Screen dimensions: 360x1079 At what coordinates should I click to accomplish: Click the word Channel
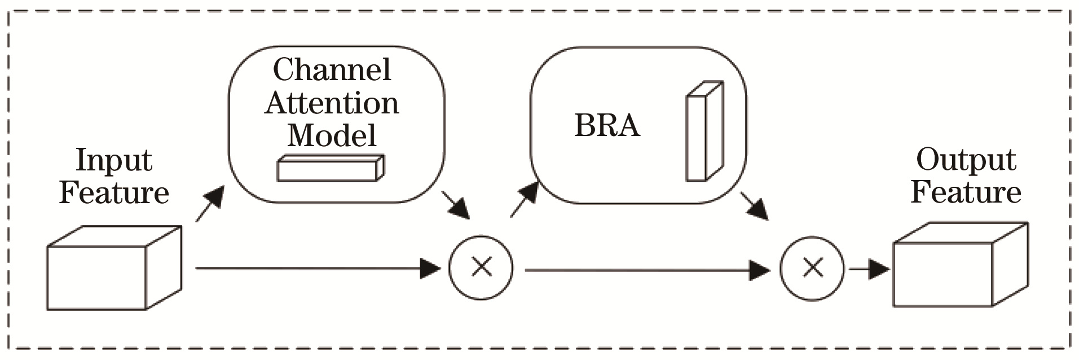click(x=332, y=70)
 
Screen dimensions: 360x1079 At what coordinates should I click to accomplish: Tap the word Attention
click(x=332, y=103)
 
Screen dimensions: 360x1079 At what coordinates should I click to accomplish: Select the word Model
click(x=332, y=135)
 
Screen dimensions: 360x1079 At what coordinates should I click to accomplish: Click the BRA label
click(x=607, y=125)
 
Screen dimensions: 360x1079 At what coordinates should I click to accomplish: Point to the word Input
click(x=114, y=161)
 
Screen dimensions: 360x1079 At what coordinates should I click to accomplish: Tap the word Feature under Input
click(x=114, y=192)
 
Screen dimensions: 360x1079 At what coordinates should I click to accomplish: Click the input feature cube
click(x=113, y=268)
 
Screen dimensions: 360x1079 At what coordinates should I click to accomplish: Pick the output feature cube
click(x=959, y=265)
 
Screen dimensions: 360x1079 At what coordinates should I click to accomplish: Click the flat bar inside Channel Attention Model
click(x=330, y=168)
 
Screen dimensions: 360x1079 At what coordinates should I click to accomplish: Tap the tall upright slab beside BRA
click(x=703, y=131)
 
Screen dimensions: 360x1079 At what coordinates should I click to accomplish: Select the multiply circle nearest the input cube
click(x=481, y=267)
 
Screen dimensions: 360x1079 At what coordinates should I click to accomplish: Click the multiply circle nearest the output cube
click(x=812, y=268)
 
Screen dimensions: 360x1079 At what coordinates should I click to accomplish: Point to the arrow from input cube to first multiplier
click(x=316, y=269)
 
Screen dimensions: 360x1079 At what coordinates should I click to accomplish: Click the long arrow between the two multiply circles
click(x=646, y=270)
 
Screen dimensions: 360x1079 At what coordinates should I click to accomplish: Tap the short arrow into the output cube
click(x=869, y=269)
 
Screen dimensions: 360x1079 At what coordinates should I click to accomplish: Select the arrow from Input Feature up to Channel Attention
click(x=209, y=204)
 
